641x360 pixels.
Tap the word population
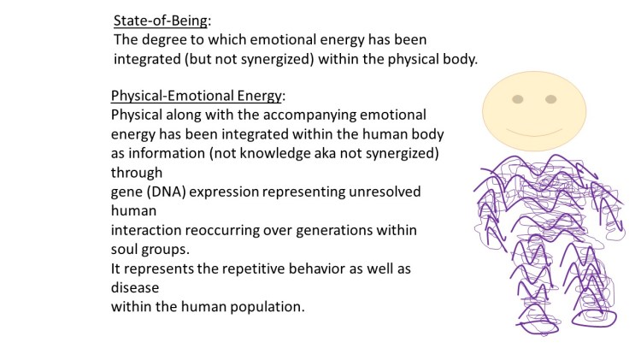[x=262, y=307]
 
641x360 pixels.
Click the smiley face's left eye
[x=517, y=99]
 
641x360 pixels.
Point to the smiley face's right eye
[x=551, y=99]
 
